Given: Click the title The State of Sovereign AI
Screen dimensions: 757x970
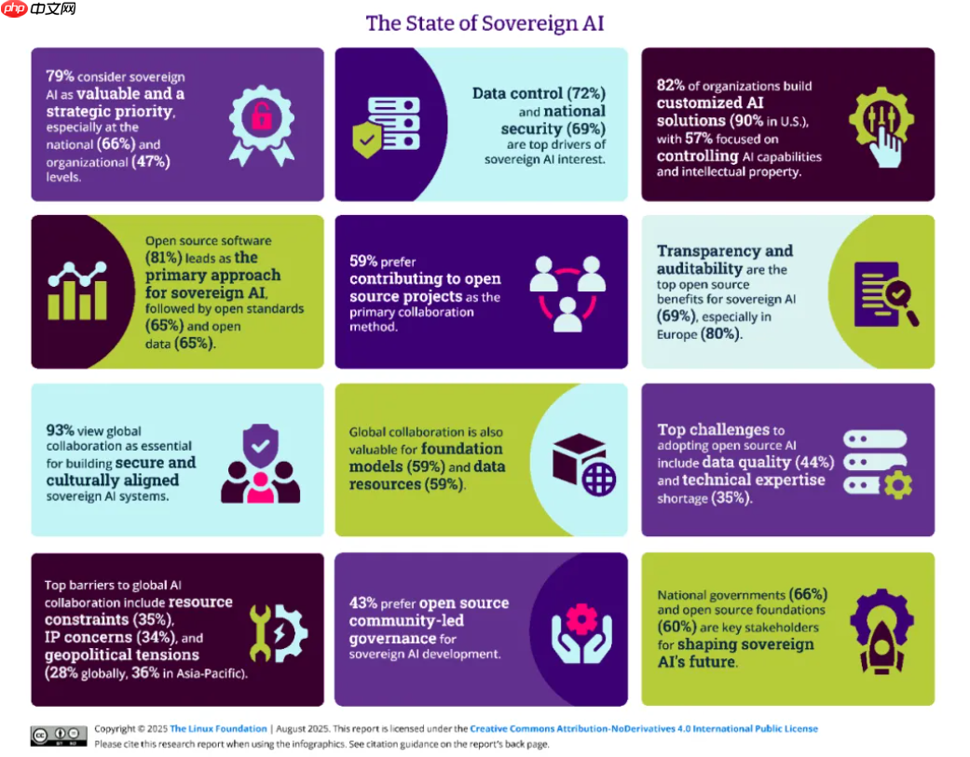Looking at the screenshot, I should pyautogui.click(x=485, y=22).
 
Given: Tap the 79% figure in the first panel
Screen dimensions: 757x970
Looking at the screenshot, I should pyautogui.click(x=59, y=76).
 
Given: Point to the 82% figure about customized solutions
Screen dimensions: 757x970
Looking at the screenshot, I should pyautogui.click(x=671, y=87).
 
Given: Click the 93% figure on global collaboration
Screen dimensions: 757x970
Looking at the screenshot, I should pyautogui.click(x=61, y=431).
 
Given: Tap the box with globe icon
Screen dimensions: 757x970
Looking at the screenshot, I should pyautogui.click(x=583, y=463).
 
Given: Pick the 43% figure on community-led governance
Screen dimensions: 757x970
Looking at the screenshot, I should pyautogui.click(x=364, y=602).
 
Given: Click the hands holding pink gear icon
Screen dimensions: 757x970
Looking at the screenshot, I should pyautogui.click(x=581, y=629).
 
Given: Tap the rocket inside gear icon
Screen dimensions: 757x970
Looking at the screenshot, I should pyautogui.click(x=881, y=630).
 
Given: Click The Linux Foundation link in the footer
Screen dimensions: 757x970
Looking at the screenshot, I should pyautogui.click(x=218, y=729).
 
